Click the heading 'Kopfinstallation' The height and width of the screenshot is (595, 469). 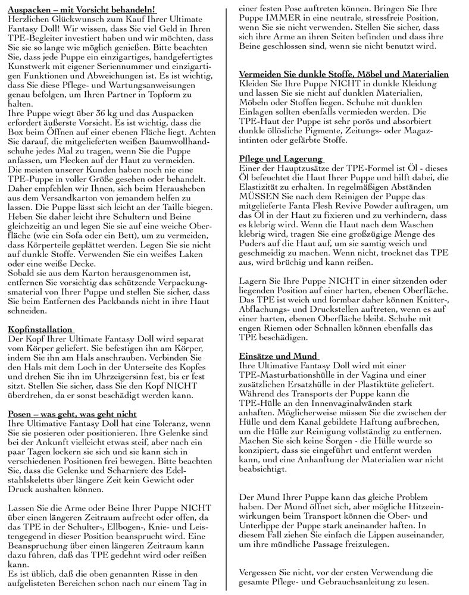pos(40,329)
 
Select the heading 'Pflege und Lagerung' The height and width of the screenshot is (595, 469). pos(280,159)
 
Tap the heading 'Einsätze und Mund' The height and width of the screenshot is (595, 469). pos(277,355)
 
